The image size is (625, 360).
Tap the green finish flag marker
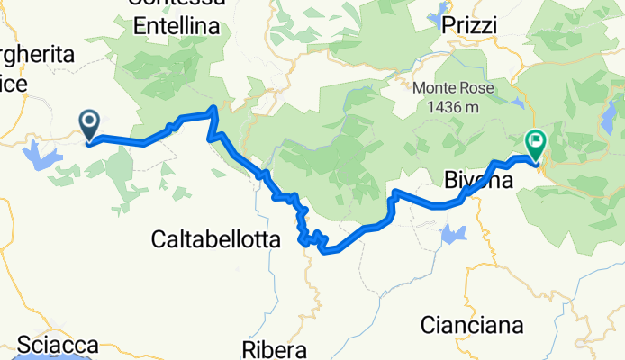535,142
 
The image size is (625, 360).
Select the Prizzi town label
470,27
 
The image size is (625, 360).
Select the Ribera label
275,348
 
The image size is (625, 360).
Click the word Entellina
177,27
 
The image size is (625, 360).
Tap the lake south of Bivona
454,235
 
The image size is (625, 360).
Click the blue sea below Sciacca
54,357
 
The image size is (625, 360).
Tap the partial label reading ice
14,83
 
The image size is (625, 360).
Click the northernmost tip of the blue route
213,109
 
